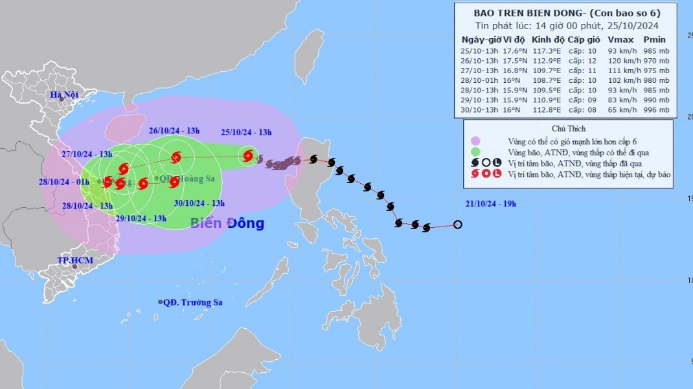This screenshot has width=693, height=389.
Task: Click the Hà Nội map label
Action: click(65, 95)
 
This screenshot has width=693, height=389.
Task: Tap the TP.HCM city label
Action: click(73, 260)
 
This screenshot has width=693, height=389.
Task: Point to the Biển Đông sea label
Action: click(227, 224)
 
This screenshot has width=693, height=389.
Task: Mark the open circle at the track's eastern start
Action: click(458, 225)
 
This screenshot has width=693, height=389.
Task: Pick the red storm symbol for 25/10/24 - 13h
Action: click(247, 155)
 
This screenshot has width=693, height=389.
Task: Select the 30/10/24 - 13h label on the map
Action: click(199, 203)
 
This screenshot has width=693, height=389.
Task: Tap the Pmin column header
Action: click(655, 39)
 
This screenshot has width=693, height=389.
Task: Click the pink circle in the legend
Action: click(475, 140)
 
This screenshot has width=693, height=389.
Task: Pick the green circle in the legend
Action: click(475, 151)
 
